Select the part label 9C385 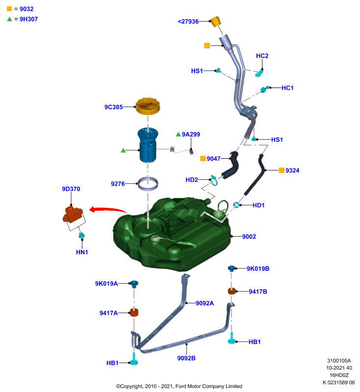pyautogui.click(x=114, y=107)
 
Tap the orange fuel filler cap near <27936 pyautogui.click(x=216, y=22)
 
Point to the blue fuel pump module pyautogui.click(x=148, y=145)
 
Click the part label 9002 pyautogui.click(x=249, y=237)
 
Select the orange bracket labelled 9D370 pyautogui.click(x=73, y=214)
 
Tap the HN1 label pyautogui.click(x=82, y=252)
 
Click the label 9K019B pyautogui.click(x=258, y=269)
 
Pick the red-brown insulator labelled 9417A pyautogui.click(x=134, y=313)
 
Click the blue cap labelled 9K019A pyautogui.click(x=134, y=284)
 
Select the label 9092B pyautogui.click(x=186, y=358)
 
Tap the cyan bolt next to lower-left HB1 pyautogui.click(x=134, y=359)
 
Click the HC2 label pyautogui.click(x=262, y=56)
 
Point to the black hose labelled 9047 pyautogui.click(x=231, y=166)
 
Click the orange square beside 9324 pyautogui.click(x=282, y=170)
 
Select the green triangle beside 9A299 pyautogui.click(x=178, y=134)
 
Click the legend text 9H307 pyautogui.click(x=29, y=19)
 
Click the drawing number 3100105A pyautogui.click(x=339, y=361)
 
